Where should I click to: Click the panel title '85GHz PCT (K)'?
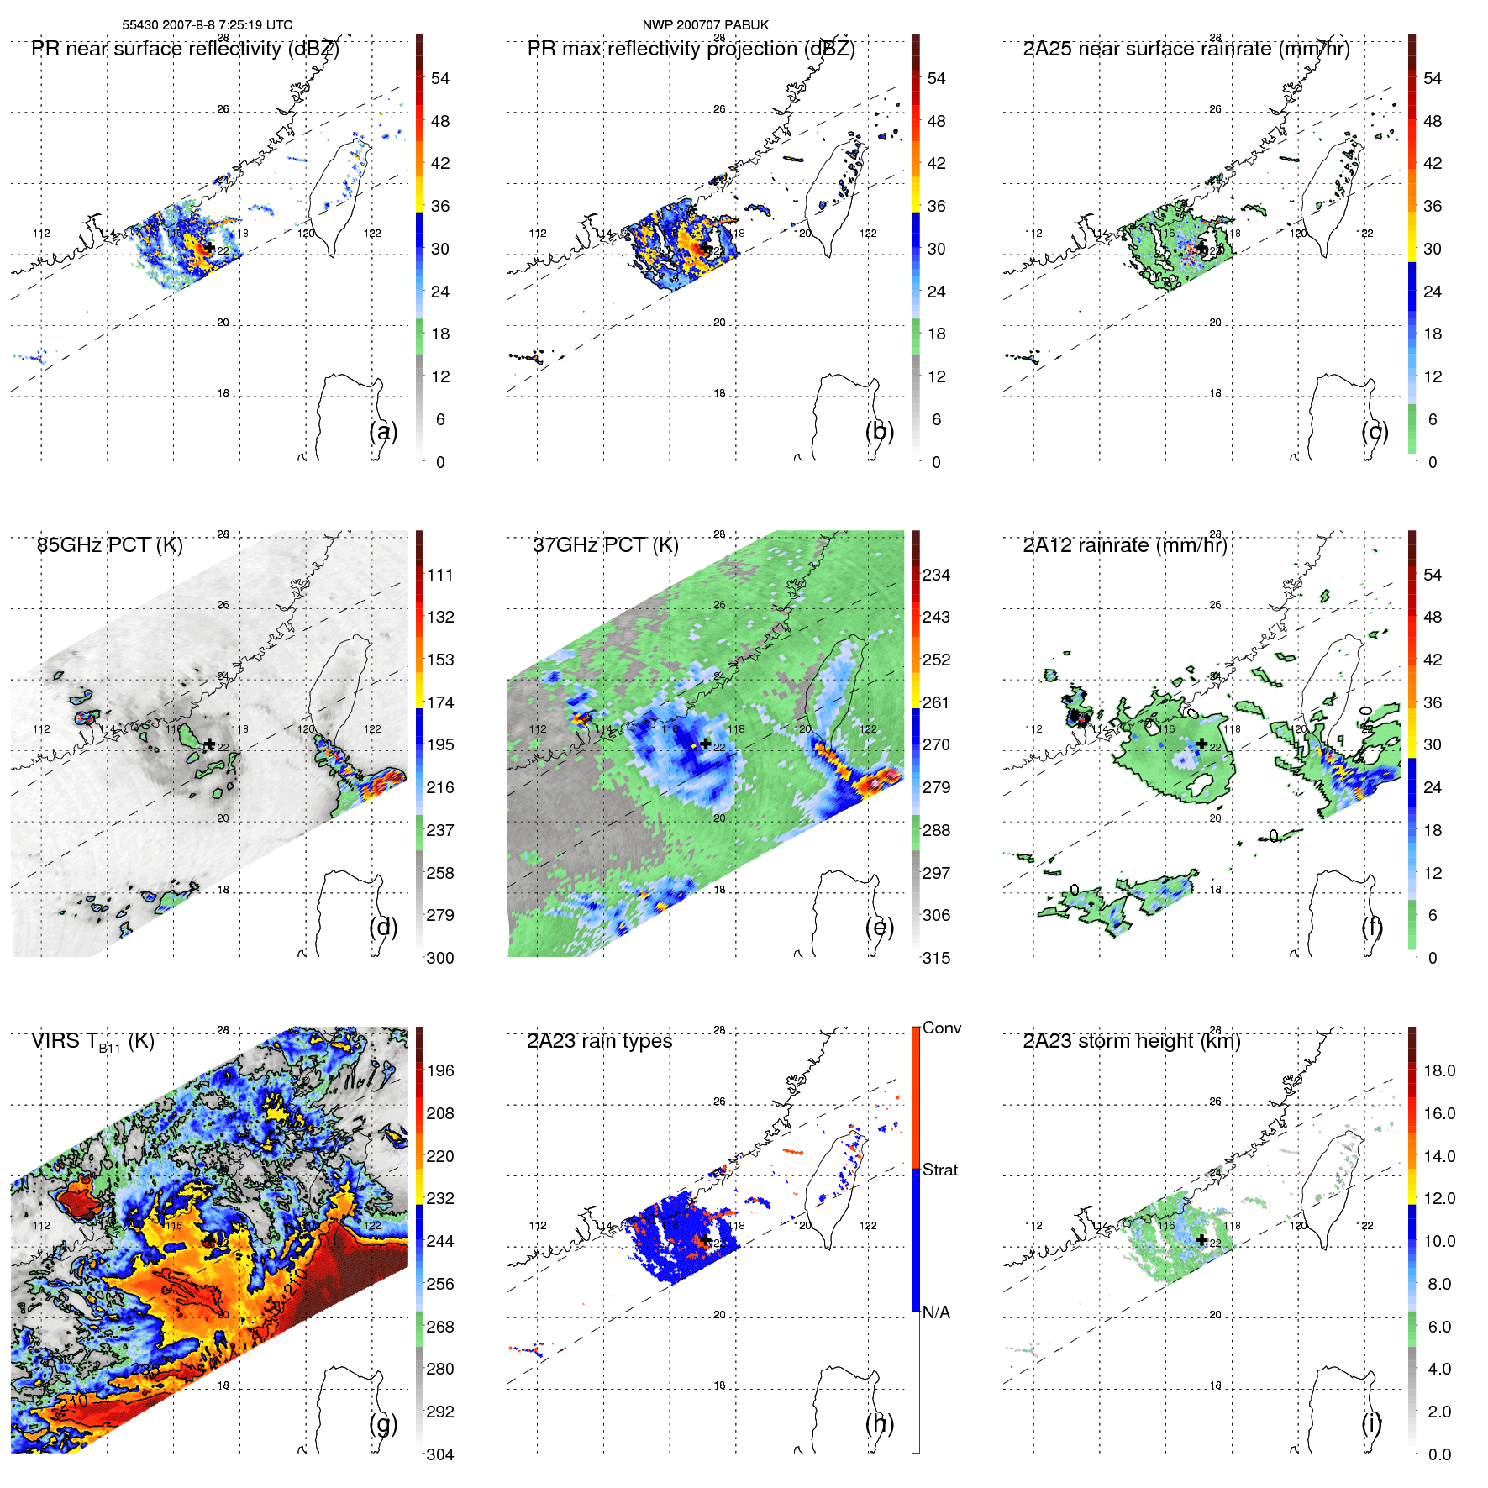[109, 545]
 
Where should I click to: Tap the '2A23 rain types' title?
[599, 1041]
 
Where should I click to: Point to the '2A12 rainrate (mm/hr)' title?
[1124, 545]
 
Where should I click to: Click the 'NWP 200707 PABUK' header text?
[705, 25]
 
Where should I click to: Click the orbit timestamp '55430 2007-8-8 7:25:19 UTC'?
[208, 25]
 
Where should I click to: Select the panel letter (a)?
[383, 431]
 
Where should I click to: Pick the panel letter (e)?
[879, 927]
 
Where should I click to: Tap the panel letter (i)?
[1371, 1422]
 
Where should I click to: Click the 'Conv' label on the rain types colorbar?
[941, 1028]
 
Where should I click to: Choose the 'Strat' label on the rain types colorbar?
[939, 1170]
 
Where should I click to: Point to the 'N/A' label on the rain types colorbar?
[935, 1312]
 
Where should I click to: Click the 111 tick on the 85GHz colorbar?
[440, 575]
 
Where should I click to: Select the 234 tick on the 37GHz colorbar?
[936, 575]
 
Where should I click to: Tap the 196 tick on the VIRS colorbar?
[440, 1070]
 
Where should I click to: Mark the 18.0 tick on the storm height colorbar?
[1439, 1070]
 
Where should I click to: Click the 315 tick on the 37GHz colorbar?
[936, 958]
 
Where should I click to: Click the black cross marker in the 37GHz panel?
[706, 744]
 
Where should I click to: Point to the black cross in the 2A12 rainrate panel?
[1202, 744]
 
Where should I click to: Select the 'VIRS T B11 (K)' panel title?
[92, 1042]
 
